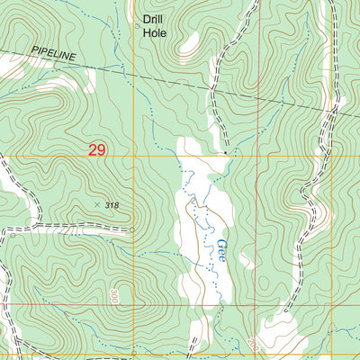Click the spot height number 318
pyautogui.click(x=111, y=206)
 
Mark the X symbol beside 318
pyautogui.click(x=97, y=205)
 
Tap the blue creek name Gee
pyautogui.click(x=221, y=248)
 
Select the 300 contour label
pyautogui.click(x=115, y=296)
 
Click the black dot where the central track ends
pyautogui.click(x=225, y=152)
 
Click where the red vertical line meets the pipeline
pyautogui.click(x=258, y=95)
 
